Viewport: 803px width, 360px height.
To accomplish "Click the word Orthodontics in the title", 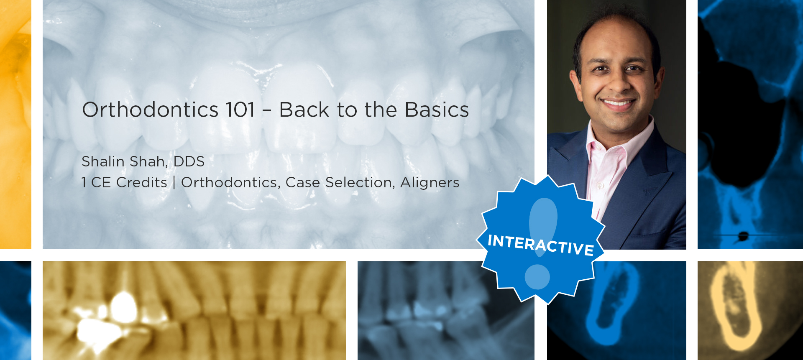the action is pyautogui.click(x=151, y=110).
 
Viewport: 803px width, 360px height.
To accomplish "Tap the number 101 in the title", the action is pyautogui.click(x=240, y=110).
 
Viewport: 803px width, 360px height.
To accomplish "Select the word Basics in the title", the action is pyautogui.click(x=437, y=110).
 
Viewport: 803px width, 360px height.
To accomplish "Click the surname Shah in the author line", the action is pyautogui.click(x=148, y=161).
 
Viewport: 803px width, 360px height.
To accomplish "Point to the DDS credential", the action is pyautogui.click(x=189, y=161).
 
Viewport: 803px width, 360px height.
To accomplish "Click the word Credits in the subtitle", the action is pyautogui.click(x=142, y=182).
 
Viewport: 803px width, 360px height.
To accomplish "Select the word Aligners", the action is pyautogui.click(x=430, y=183).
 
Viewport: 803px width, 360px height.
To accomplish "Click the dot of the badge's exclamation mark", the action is pyautogui.click(x=537, y=277).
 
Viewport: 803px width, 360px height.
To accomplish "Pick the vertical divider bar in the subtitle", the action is pyautogui.click(x=174, y=183).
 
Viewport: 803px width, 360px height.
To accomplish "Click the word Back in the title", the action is pyautogui.click(x=304, y=110).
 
